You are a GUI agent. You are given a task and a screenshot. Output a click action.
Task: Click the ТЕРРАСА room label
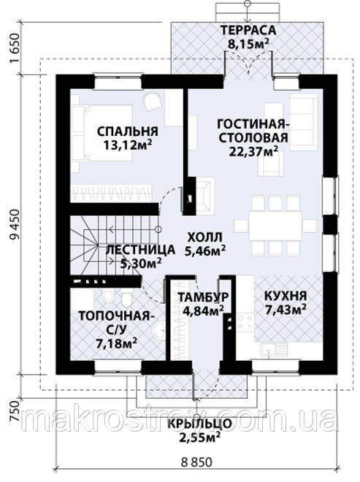pyautogui.click(x=248, y=31)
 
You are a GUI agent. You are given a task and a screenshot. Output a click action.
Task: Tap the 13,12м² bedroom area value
pyautogui.click(x=128, y=144)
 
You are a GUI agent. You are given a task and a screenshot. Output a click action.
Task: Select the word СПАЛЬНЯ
pyautogui.click(x=128, y=131)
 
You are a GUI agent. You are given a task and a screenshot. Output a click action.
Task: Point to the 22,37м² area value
pyautogui.click(x=253, y=151)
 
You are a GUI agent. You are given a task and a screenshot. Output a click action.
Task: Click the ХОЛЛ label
pyautogui.click(x=204, y=237)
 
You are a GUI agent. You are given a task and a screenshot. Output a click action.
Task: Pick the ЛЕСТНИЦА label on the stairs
pyautogui.click(x=140, y=250)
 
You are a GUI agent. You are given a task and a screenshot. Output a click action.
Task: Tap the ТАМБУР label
pyautogui.click(x=203, y=297)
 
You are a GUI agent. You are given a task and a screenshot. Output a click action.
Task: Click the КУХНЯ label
pyautogui.click(x=286, y=296)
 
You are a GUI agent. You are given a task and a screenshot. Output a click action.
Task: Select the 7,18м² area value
pyautogui.click(x=116, y=343)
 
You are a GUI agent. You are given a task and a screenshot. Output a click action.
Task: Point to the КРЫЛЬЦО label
pyautogui.click(x=199, y=424)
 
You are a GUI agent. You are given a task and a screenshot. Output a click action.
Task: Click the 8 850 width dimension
pyautogui.click(x=196, y=462)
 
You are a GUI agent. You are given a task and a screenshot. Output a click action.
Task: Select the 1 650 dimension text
pyautogui.click(x=15, y=47)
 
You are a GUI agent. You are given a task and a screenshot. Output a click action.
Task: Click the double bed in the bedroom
pyautogui.click(x=102, y=133)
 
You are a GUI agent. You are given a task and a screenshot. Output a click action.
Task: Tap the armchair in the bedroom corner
pyautogui.click(x=153, y=101)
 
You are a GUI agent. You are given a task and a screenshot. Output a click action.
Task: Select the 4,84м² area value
pyautogui.click(x=203, y=310)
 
